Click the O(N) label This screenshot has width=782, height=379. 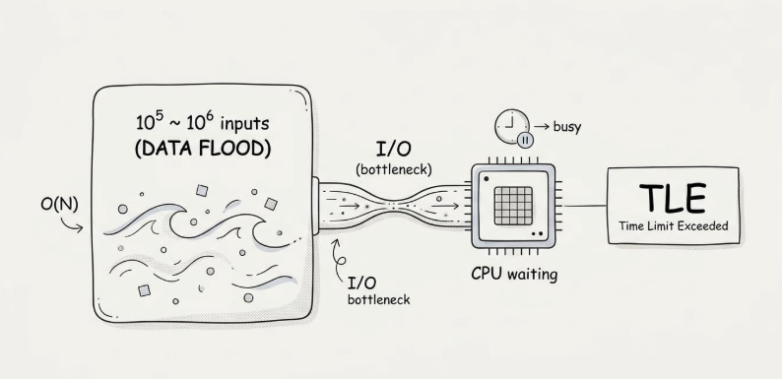click(59, 205)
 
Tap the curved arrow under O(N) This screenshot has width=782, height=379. click(72, 224)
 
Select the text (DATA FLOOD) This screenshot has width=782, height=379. click(203, 149)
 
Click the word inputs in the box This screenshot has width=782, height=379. click(244, 123)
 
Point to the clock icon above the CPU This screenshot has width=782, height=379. click(512, 127)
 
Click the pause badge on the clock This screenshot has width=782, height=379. click(525, 140)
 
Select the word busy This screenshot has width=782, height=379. click(567, 127)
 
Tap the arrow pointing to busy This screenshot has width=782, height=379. click(542, 127)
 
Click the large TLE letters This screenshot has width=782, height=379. click(673, 198)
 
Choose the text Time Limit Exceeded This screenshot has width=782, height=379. click(674, 225)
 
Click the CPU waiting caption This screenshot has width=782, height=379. click(514, 275)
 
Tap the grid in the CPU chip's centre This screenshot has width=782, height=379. click(513, 206)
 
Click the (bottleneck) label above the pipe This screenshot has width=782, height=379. click(394, 169)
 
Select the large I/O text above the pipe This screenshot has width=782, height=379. click(394, 149)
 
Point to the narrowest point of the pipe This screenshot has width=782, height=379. click(394, 205)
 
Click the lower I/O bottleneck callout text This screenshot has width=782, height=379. click(378, 290)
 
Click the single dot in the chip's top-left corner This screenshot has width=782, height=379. click(486, 178)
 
